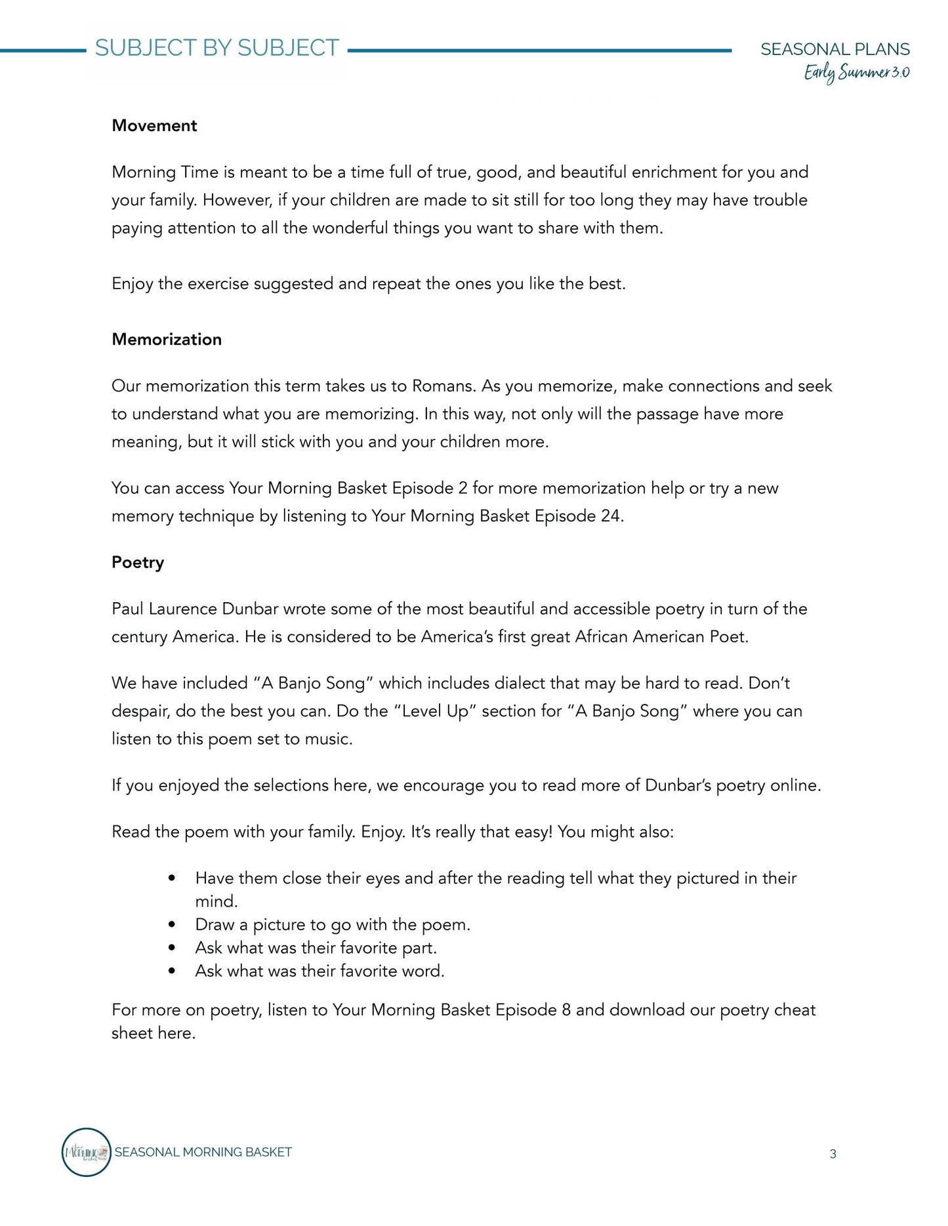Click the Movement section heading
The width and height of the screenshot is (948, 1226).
[x=154, y=126]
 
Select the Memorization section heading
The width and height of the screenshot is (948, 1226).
[x=167, y=340]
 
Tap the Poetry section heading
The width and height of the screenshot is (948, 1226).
[x=138, y=563]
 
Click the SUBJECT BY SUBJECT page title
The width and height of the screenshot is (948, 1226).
[x=217, y=49]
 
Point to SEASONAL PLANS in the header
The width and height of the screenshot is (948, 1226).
[x=835, y=49]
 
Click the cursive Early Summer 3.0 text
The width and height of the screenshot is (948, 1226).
[x=856, y=73]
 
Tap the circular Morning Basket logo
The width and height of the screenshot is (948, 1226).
[x=86, y=1153]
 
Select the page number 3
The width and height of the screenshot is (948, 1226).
[x=833, y=1154]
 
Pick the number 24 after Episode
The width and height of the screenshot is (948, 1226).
[x=610, y=516]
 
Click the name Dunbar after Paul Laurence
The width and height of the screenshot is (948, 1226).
[x=251, y=609]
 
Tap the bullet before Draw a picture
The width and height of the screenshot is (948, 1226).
[x=172, y=925]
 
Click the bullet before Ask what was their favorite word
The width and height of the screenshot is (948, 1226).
[x=172, y=971]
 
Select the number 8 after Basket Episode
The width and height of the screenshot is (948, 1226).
[x=566, y=1010]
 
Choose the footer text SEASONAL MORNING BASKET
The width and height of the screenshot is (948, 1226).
[x=203, y=1153]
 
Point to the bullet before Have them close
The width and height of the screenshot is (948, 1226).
[x=172, y=878]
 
